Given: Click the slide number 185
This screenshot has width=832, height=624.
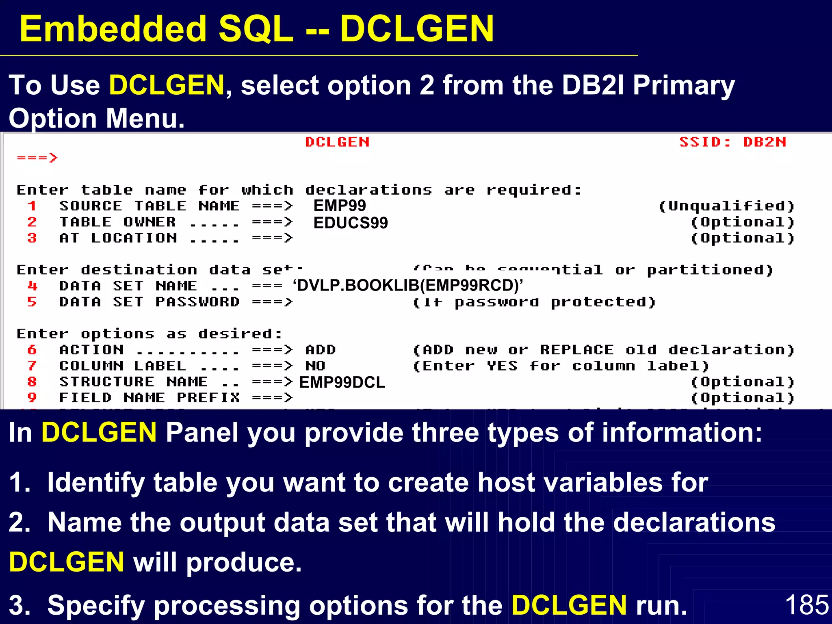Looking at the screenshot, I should coord(807,604).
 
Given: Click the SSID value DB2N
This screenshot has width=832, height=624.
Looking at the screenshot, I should coord(765,142).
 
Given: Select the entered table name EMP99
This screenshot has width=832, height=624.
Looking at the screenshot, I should coord(340,206).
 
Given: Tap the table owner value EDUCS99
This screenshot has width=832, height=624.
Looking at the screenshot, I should coord(351,223).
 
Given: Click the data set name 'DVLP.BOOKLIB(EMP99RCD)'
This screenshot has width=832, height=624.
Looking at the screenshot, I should coord(408,285).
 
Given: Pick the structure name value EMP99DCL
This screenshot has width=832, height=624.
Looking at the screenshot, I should coord(342,382).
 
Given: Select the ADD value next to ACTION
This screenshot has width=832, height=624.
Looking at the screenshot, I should coord(321,350).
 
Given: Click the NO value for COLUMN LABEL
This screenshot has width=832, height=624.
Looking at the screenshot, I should coord(315,366).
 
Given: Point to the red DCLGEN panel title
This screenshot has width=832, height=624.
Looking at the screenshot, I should coord(337,142).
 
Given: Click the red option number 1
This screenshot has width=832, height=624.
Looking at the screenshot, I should coord(32,206).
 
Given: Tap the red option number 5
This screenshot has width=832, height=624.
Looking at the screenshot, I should coord(32,302).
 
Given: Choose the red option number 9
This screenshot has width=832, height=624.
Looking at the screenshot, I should coord(32,397).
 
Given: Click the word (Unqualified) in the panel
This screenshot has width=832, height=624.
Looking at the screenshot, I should coord(726,206).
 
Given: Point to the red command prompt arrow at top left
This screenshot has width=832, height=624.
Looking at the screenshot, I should coord(37,158).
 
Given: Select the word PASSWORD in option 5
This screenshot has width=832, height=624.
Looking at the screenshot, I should coord(197,302).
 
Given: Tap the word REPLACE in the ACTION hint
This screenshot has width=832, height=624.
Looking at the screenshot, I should coord(577,350).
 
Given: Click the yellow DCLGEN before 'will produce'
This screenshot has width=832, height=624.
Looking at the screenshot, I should coord(67,562).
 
